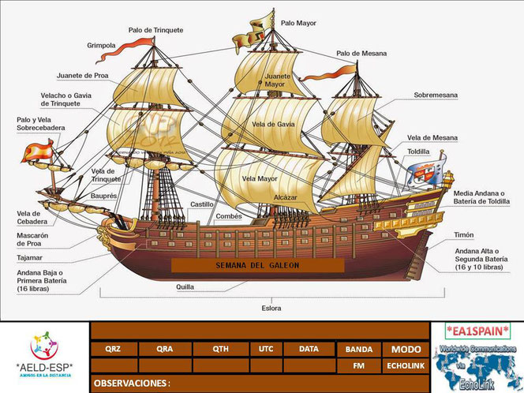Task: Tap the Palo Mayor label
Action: [x=298, y=23]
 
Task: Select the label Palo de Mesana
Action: [x=361, y=54]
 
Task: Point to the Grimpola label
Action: [x=101, y=46]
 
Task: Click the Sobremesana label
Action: [x=436, y=95]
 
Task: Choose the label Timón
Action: [x=464, y=235]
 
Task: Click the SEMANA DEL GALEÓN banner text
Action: [x=257, y=266]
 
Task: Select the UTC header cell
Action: [x=265, y=348]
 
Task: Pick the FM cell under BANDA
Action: [x=358, y=366]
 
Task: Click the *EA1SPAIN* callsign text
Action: [x=477, y=330]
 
